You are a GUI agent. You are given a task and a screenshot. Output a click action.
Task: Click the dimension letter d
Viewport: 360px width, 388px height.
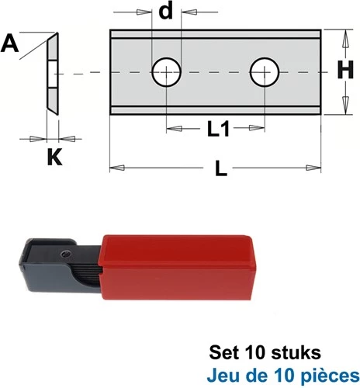(166, 12)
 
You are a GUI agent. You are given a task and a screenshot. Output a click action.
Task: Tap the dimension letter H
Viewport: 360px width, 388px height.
(345, 70)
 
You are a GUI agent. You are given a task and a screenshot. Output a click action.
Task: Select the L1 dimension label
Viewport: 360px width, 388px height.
(218, 129)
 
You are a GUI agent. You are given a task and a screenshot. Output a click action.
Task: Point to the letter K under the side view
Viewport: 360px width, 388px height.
(54, 157)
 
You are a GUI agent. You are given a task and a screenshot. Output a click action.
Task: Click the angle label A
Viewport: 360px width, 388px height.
(9, 44)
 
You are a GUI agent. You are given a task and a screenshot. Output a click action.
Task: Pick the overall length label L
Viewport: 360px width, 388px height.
(221, 168)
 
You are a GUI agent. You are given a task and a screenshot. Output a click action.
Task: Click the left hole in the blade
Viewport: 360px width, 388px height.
(166, 72)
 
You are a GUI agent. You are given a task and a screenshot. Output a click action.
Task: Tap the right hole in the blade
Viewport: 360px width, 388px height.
(265, 72)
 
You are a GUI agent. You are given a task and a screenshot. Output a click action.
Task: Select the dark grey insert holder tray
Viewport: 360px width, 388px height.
(60, 266)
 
